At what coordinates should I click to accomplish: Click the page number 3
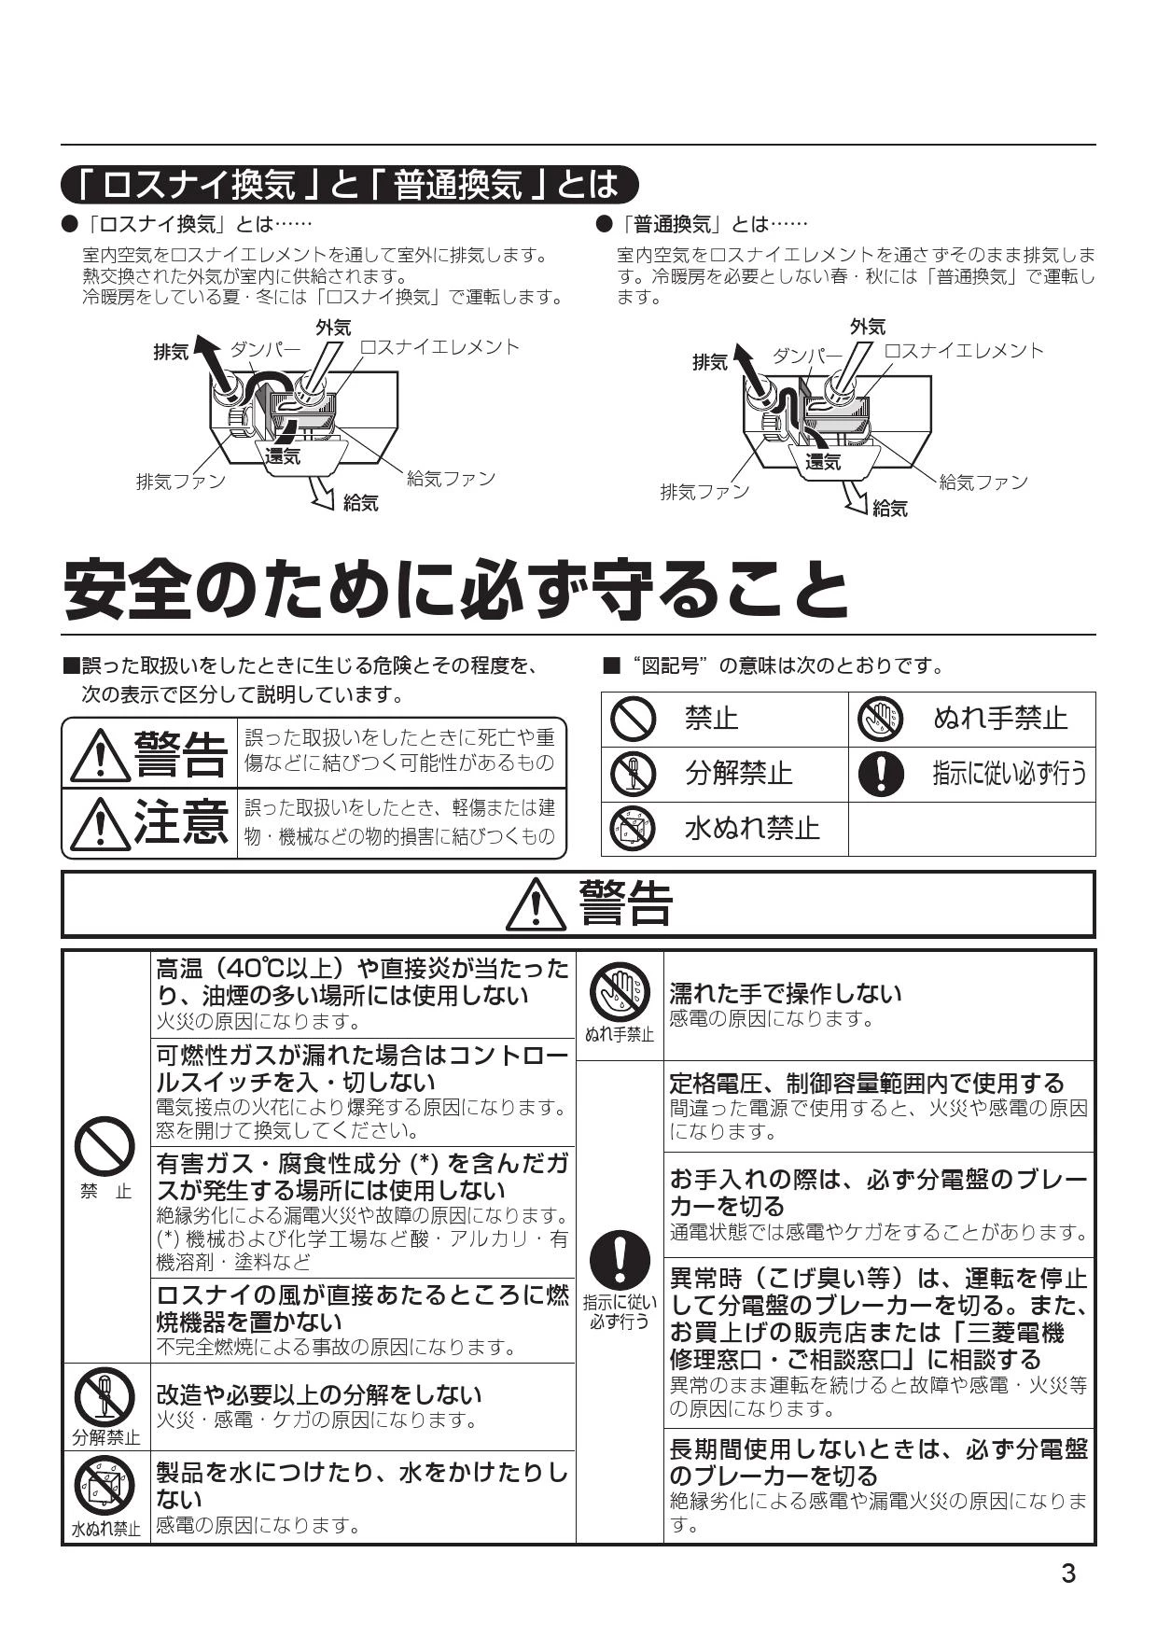click(1068, 1574)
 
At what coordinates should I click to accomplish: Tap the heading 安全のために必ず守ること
click(456, 589)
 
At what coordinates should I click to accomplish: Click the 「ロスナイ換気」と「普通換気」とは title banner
click(350, 184)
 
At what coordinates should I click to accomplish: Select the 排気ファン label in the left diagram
click(181, 482)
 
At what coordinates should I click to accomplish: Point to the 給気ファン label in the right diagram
click(983, 482)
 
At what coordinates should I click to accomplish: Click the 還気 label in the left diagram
click(283, 456)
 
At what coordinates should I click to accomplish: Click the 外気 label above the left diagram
click(332, 328)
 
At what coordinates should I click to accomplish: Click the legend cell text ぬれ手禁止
click(1000, 718)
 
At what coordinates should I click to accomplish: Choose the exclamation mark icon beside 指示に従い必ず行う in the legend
click(880, 773)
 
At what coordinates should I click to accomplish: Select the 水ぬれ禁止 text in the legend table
click(752, 828)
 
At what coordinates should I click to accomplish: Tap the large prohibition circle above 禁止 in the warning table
click(105, 1146)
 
